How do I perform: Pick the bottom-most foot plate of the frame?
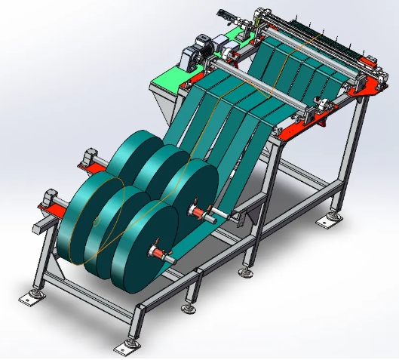[x=121, y=348]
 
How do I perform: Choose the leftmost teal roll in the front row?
[x=75, y=219]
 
